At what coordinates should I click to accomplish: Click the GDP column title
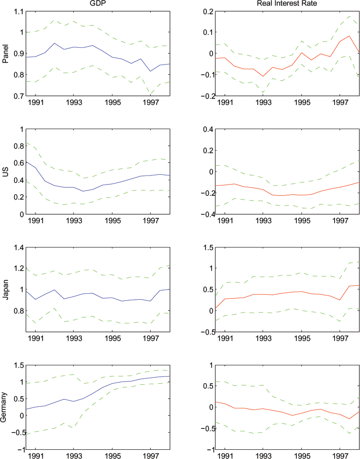(97, 4)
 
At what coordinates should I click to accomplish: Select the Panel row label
(6, 53)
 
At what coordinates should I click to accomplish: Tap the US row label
(6, 171)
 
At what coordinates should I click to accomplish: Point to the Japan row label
(6, 289)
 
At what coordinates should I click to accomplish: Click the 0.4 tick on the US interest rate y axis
(205, 129)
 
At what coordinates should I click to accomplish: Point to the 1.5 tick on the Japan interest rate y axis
(205, 247)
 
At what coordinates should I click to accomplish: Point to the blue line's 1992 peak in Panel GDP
(55, 43)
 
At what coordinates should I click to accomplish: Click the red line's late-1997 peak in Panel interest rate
(349, 36)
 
